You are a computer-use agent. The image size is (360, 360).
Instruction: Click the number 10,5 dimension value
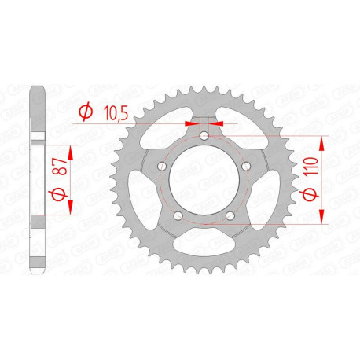[x=118, y=113]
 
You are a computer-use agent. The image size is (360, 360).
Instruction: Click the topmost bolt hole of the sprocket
[x=204, y=137]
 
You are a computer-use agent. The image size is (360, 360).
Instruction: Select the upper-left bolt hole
[x=162, y=167]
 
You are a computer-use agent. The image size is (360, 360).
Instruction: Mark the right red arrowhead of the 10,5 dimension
[x=219, y=123]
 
